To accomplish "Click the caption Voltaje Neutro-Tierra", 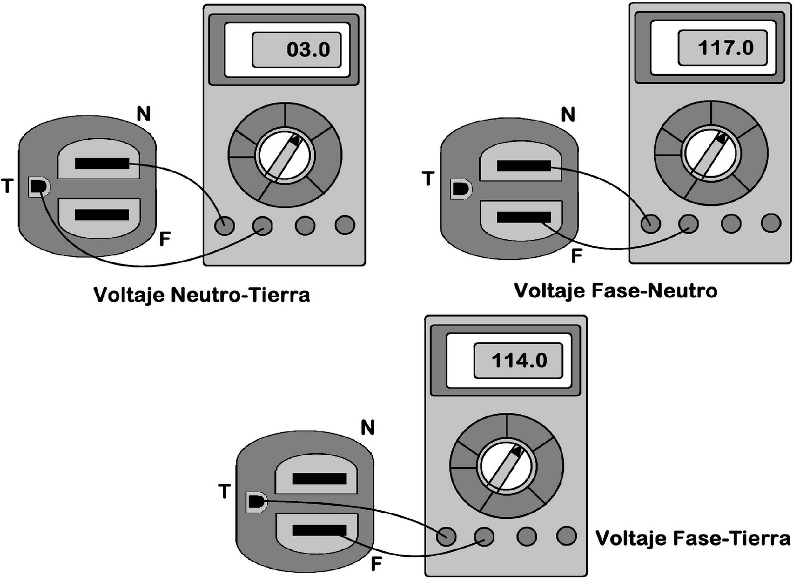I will click(202, 294).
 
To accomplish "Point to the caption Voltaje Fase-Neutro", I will click(615, 291).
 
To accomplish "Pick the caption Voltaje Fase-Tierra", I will click(693, 538).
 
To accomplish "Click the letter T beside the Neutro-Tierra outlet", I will click(7, 186).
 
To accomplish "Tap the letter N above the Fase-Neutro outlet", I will click(568, 115).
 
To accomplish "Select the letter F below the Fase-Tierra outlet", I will click(376, 564).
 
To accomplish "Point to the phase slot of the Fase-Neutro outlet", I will click(523, 217).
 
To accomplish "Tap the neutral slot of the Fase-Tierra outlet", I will click(319, 478).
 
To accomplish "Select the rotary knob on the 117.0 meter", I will click(711, 153).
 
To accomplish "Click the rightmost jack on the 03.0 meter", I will click(345, 225).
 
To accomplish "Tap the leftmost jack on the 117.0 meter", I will click(651, 223).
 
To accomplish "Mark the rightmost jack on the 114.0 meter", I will click(566, 536).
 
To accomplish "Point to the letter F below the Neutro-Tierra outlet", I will click(164, 239).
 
